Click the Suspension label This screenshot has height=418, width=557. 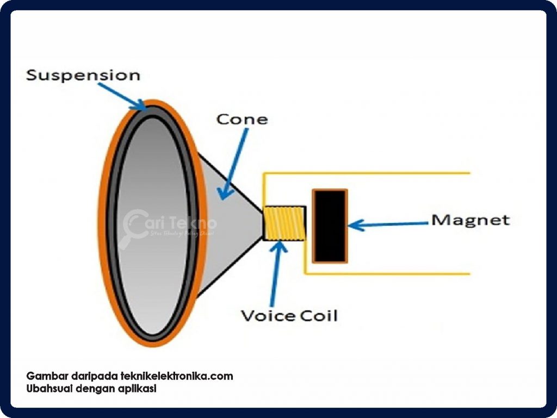pyautogui.click(x=83, y=75)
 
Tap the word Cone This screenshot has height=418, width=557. pyautogui.click(x=242, y=118)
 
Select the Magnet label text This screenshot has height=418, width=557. pyautogui.click(x=471, y=220)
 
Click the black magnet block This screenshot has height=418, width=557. pyautogui.click(x=330, y=224)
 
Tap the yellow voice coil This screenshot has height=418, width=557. pyautogui.click(x=283, y=223)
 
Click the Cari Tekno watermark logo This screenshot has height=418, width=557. pyautogui.click(x=169, y=223)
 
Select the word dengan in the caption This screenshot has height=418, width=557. pyautogui.click(x=95, y=389)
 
